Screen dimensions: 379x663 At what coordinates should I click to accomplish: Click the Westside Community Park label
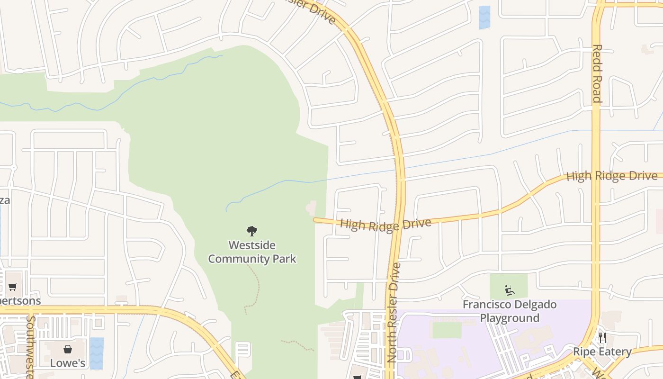pos(252,252)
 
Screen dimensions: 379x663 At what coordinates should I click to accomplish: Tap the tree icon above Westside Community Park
pos(252,231)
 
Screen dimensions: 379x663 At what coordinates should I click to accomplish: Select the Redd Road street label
pos(597,73)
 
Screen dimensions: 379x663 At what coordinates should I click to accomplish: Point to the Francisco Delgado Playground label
pos(510,311)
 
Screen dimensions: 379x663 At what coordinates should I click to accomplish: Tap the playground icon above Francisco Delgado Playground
pos(510,289)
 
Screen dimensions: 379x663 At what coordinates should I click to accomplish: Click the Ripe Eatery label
pos(602,352)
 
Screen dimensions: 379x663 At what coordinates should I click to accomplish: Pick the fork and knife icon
pos(602,338)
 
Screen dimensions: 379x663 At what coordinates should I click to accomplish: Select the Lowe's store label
pos(68,363)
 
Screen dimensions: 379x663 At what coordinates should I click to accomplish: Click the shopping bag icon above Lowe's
pos(68,350)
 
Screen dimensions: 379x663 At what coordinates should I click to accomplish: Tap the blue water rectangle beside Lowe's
pos(97,353)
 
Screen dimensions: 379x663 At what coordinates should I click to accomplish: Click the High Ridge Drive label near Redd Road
pos(612,176)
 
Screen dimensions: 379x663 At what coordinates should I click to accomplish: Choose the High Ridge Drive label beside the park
pos(385,224)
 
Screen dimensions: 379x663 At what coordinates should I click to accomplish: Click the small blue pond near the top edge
pos(484,18)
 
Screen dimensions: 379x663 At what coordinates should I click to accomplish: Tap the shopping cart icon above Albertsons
pos(13,287)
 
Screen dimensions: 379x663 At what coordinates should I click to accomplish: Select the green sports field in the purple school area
pos(447,330)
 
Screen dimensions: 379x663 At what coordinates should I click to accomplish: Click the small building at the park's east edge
pos(311,208)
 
